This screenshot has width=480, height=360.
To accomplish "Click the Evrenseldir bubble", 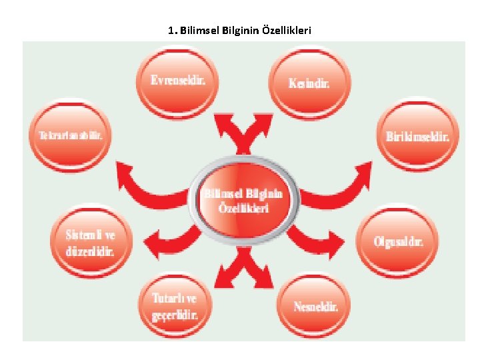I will [x=176, y=81].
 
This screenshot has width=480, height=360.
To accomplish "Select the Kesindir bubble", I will [x=309, y=83].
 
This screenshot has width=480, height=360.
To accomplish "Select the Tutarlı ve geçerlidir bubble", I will [x=175, y=307].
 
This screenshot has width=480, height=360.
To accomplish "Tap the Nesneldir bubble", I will [x=315, y=307].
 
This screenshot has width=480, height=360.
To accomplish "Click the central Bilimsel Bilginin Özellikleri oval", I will [x=244, y=198].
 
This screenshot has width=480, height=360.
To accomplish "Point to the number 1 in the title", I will [x=172, y=31].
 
